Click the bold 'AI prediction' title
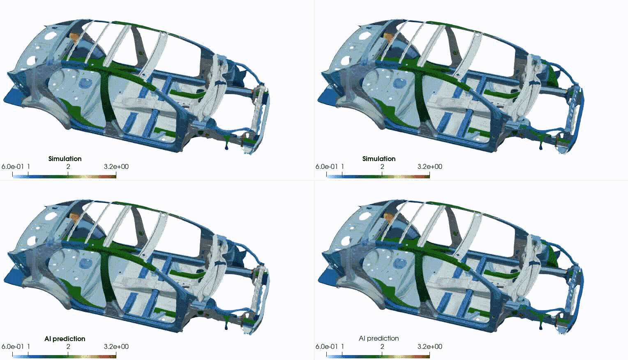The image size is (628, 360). (65, 339)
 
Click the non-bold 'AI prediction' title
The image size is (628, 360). (379, 338)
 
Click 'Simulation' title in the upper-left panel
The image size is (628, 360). (65, 159)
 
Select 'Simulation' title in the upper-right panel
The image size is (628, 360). (379, 159)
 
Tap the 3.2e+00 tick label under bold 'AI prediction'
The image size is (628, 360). (116, 346)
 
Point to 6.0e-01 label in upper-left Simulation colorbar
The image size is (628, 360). (13, 166)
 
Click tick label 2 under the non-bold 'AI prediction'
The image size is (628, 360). (382, 346)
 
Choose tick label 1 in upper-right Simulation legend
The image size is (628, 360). (343, 166)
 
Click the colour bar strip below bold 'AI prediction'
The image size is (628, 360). (65, 357)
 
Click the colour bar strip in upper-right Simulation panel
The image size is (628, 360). (378, 177)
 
